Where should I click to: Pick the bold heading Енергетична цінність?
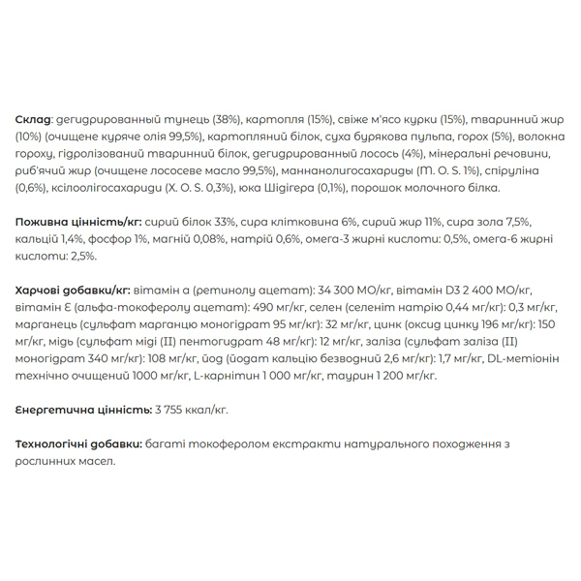(x=82, y=410)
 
